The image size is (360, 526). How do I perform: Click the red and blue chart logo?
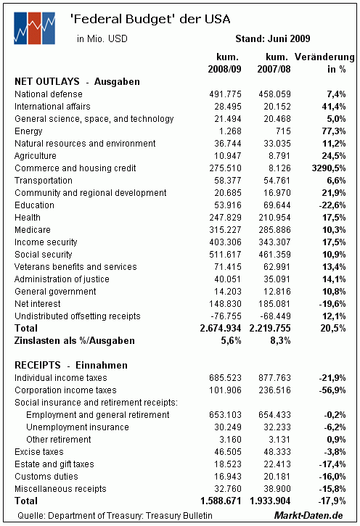pyautogui.click(x=34, y=28)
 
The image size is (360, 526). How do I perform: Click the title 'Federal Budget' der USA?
pyautogui.click(x=150, y=19)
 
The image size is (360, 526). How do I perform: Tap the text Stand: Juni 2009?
pyautogui.click(x=272, y=38)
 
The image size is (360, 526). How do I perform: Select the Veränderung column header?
pyautogui.click(x=324, y=62)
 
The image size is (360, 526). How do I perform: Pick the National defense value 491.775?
pyautogui.click(x=225, y=94)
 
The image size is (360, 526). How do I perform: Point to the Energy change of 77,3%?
pyautogui.click(x=333, y=131)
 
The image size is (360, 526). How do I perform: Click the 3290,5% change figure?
pyautogui.click(x=329, y=168)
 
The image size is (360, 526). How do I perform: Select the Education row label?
pyautogui.click(x=34, y=205)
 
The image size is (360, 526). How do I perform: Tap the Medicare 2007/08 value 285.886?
pyautogui.click(x=274, y=230)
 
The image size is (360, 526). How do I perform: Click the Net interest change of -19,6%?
pyautogui.click(x=332, y=303)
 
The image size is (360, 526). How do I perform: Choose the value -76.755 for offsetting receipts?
pyautogui.click(x=226, y=316)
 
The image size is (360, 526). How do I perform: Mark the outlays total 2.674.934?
pyautogui.click(x=221, y=328)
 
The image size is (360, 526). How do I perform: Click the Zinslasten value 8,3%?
pyautogui.click(x=280, y=340)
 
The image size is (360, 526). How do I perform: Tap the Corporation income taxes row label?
pyautogui.click(x=65, y=390)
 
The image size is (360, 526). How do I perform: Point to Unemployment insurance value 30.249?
pyautogui.click(x=228, y=427)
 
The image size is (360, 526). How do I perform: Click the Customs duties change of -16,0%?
pyautogui.click(x=332, y=477)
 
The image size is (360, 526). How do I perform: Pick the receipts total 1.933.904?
pyautogui.click(x=270, y=501)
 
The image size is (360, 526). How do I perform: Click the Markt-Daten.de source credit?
pyautogui.click(x=308, y=515)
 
